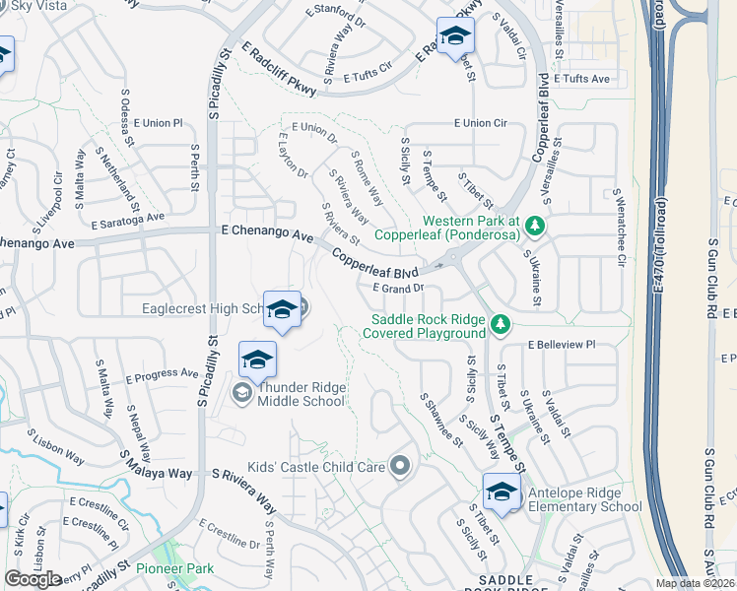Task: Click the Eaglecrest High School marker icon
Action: [282, 310]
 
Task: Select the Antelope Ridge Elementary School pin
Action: [502, 492]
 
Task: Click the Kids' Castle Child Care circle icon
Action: [399, 465]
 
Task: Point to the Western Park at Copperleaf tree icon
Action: [535, 227]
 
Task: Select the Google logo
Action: [33, 579]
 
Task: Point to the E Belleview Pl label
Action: [562, 346]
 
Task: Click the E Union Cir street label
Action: [480, 123]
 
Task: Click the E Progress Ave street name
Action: [163, 374]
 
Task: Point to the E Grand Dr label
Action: [397, 289]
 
